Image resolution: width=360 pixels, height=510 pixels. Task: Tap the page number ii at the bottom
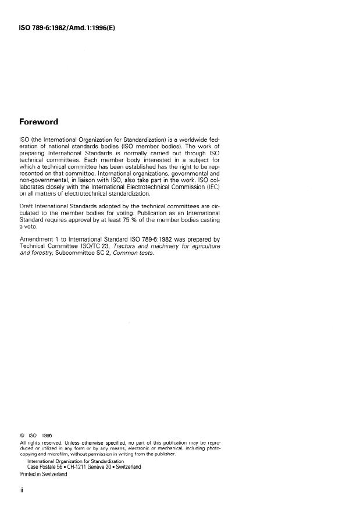(x=22, y=490)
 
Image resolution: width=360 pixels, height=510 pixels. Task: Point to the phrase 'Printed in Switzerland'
(x=44, y=474)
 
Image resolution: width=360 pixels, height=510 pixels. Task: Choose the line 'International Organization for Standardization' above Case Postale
(x=76, y=461)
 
